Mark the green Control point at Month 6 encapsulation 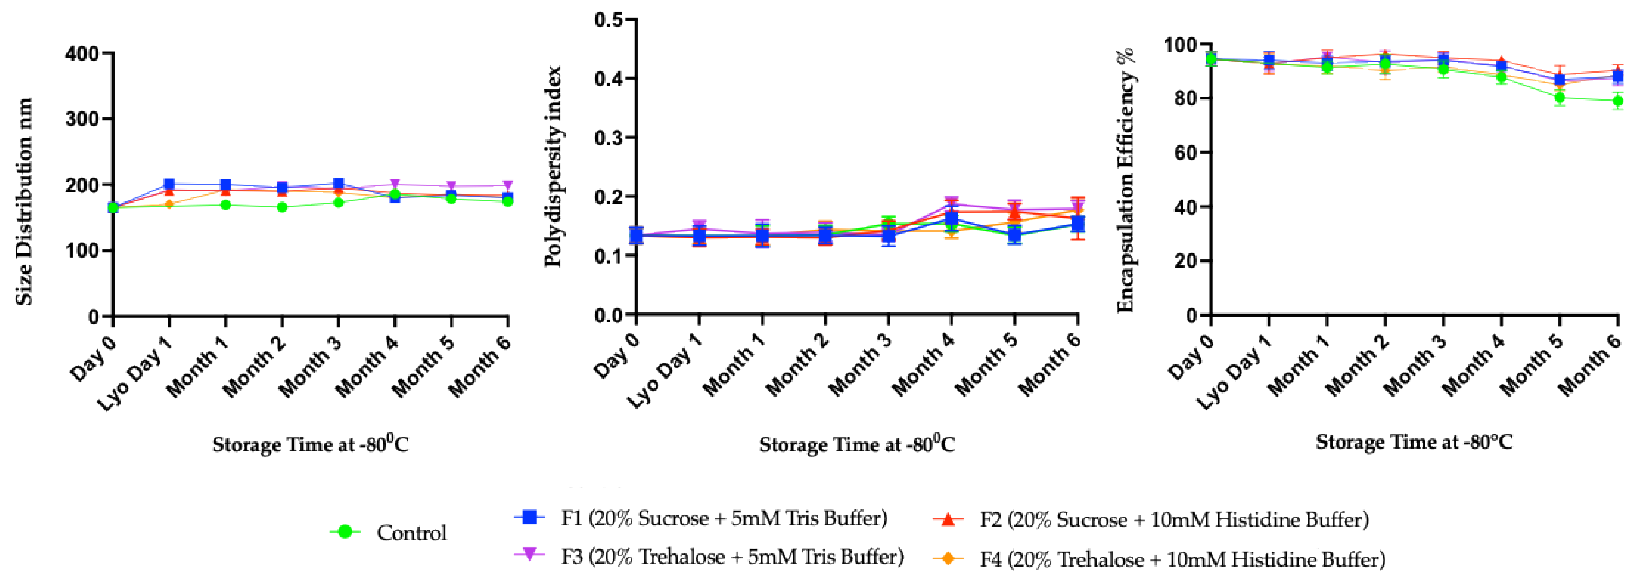click(x=1618, y=100)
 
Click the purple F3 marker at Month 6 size click(x=508, y=186)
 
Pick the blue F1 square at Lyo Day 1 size click(x=169, y=184)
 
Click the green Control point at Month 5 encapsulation click(x=1559, y=98)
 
